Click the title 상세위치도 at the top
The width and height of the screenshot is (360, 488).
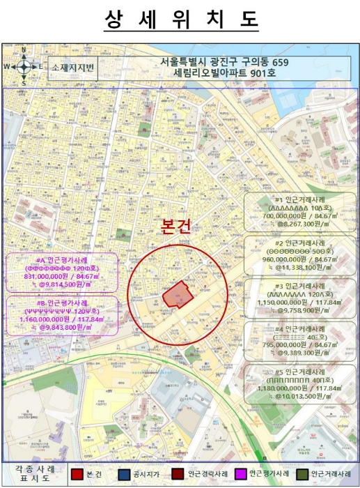coord(180,20)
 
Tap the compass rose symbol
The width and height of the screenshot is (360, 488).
coord(24,67)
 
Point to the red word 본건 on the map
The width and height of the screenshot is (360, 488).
coord(175,227)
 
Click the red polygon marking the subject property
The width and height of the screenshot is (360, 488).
coord(178,294)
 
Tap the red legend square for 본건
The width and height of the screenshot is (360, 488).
coord(77,474)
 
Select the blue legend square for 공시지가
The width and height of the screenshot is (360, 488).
coord(123,474)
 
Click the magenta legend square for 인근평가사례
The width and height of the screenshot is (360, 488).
coord(242,474)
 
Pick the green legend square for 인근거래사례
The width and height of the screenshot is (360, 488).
coord(302,474)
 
